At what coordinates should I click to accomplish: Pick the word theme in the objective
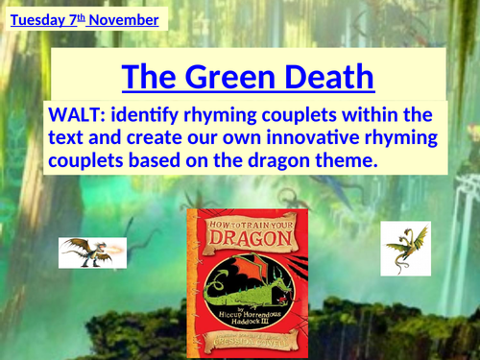pos(341,161)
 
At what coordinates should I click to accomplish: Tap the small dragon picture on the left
pos(85,252)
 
